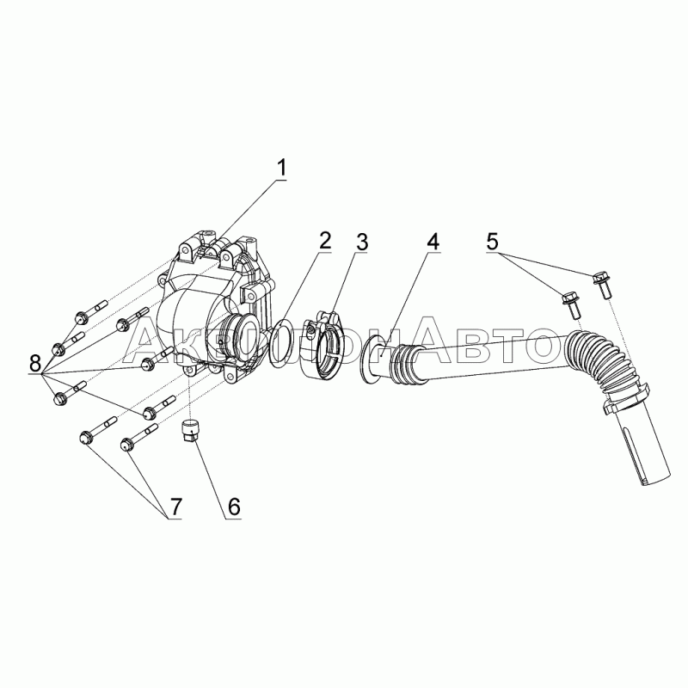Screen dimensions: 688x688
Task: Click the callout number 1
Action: [282, 168]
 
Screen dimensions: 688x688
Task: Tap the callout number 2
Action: [323, 241]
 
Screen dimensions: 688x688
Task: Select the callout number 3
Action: [361, 241]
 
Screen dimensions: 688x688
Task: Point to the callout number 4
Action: [433, 241]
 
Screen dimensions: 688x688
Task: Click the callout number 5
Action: [492, 241]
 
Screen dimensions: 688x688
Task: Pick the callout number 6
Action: [233, 507]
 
